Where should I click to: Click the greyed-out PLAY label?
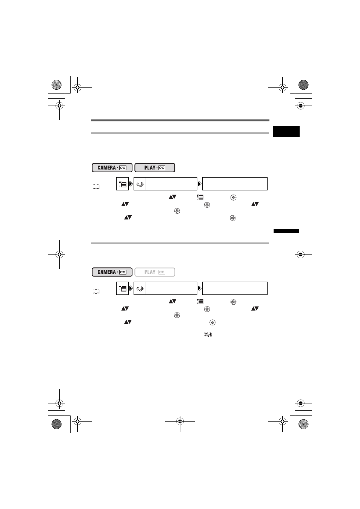pos(155,272)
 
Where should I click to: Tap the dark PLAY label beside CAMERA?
pos(155,168)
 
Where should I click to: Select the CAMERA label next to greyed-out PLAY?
pos(112,272)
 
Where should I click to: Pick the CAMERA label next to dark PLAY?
pos(112,168)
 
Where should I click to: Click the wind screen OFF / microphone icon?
pos(208,334)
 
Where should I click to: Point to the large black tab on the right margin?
pos(286,132)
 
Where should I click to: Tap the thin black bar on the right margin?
pos(286,231)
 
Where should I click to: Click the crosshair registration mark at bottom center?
pos(180,422)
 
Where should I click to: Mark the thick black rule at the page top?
pos(180,120)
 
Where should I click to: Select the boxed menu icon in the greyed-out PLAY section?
pos(122,288)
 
